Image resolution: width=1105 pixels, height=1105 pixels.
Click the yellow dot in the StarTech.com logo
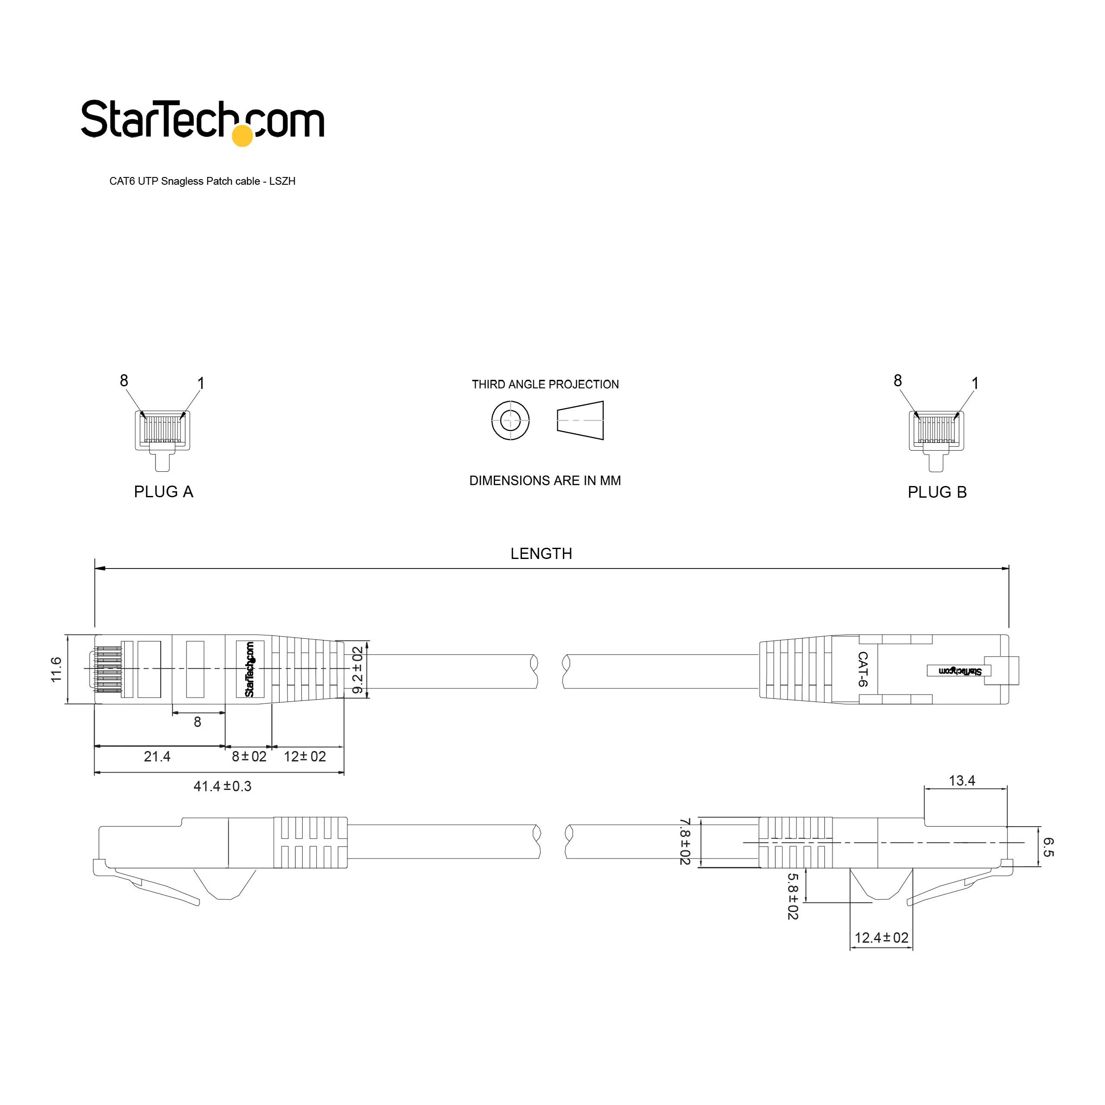243,136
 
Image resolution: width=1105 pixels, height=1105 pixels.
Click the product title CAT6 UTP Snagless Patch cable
185,181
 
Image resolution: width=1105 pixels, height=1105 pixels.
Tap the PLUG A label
164,492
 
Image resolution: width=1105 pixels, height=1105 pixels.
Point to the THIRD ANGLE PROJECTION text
545,384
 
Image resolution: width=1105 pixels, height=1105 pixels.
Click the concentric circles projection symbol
510,420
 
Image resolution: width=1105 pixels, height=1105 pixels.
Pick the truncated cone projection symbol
581,420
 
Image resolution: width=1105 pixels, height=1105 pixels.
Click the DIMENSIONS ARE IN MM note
545,480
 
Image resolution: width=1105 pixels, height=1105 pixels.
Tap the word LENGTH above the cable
541,554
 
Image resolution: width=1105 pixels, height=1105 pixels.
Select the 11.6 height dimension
56,669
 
